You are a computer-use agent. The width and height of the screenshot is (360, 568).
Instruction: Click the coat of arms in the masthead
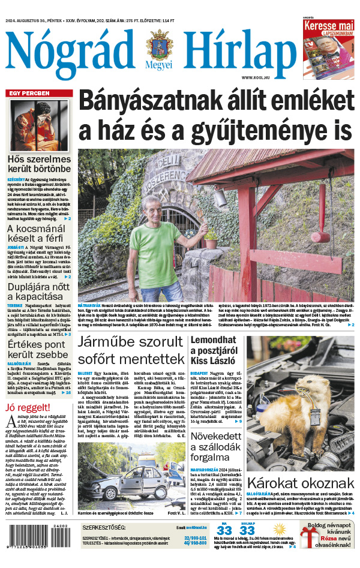click(159, 46)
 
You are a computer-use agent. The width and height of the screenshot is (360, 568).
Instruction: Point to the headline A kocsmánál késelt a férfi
click(39, 235)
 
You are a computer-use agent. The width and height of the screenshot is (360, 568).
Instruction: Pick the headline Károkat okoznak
click(301, 483)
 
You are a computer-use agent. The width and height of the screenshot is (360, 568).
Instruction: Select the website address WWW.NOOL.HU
click(259, 78)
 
